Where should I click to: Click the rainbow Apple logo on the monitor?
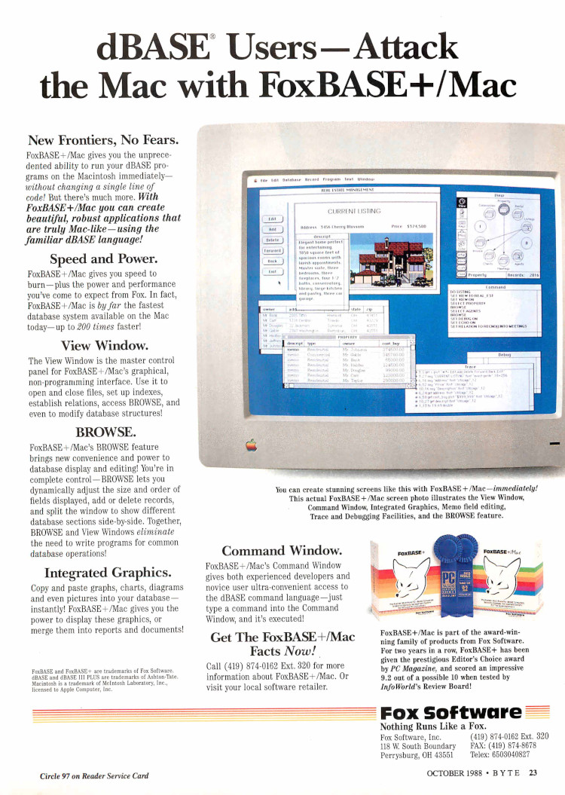(x=251, y=445)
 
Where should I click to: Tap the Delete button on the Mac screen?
(x=272, y=240)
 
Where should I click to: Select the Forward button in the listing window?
(x=272, y=250)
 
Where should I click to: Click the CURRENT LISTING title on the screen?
(x=353, y=211)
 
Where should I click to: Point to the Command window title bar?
(x=495, y=286)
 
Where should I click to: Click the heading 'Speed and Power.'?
(x=103, y=259)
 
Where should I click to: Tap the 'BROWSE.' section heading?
(x=105, y=433)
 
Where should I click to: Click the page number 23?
(x=532, y=772)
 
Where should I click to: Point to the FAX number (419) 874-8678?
(x=509, y=745)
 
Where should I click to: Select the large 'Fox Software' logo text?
(x=450, y=713)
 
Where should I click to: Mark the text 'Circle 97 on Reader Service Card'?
(x=94, y=776)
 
